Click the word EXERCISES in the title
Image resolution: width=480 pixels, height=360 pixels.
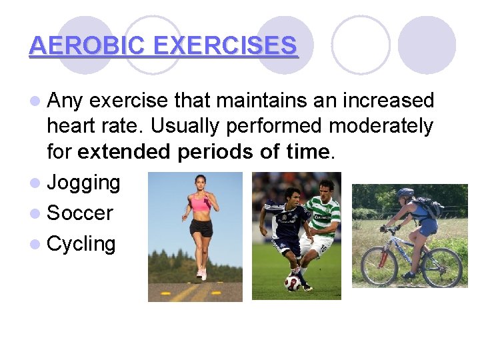point(225,45)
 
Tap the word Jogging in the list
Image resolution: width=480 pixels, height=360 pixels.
point(83,183)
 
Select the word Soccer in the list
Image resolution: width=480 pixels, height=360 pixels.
point(80,213)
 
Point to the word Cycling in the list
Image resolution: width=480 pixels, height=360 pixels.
point(81,244)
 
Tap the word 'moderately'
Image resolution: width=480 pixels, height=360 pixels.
point(383,126)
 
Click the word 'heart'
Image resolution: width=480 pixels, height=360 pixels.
point(71,126)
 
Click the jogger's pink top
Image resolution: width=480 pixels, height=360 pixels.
point(199,203)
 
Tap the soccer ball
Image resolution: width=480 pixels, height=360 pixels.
point(292,283)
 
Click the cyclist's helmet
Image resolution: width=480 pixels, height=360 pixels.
point(405,194)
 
